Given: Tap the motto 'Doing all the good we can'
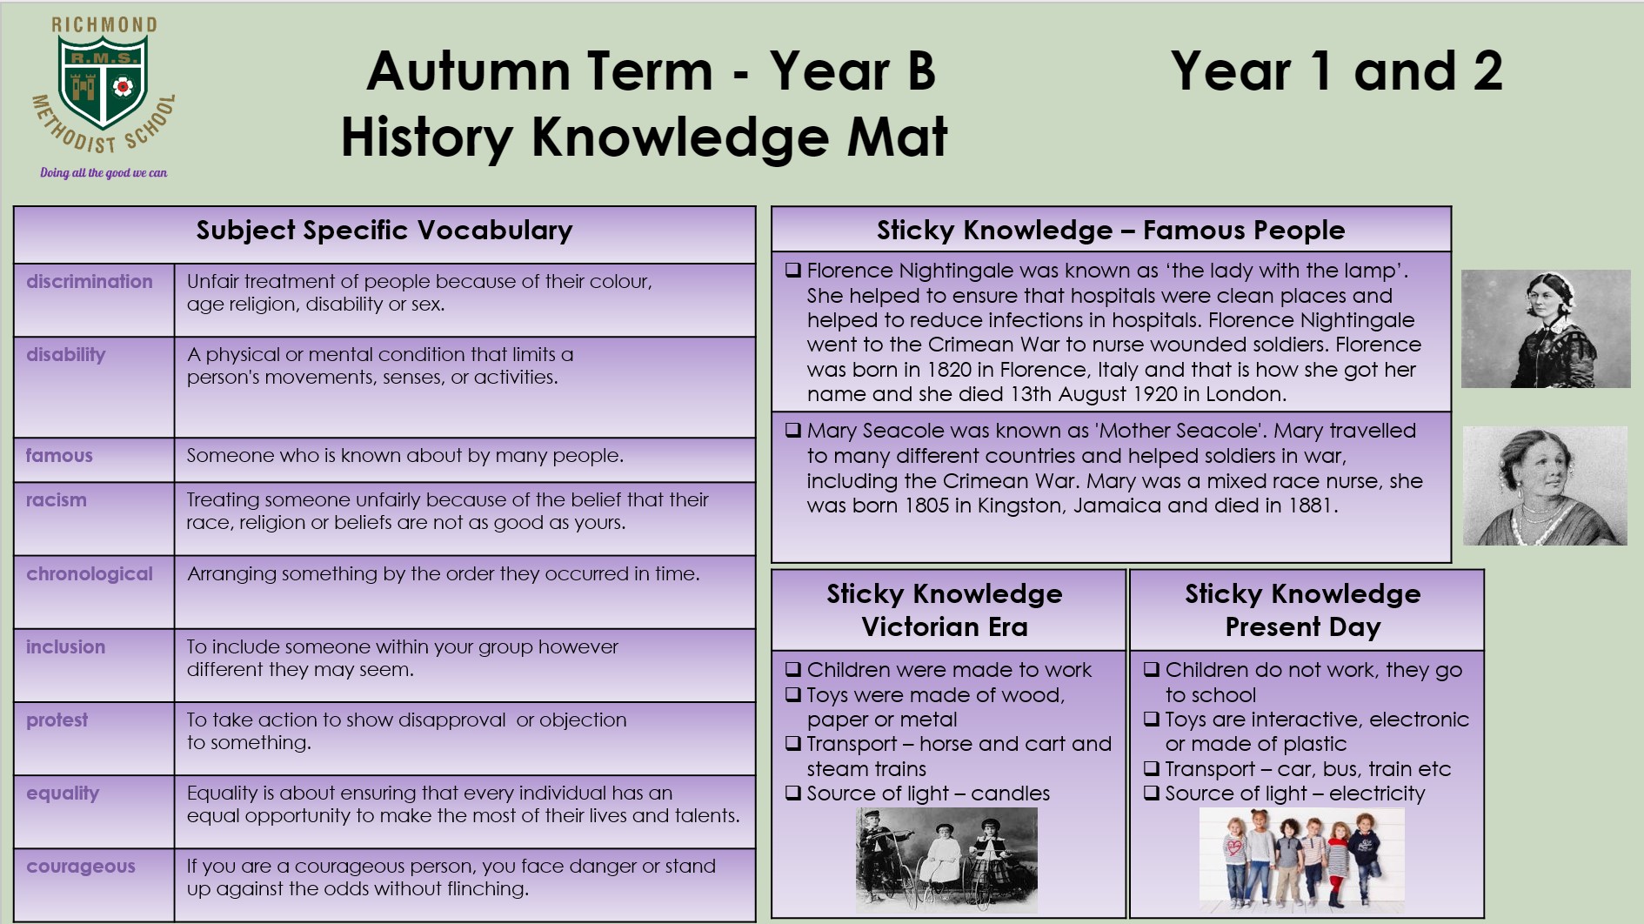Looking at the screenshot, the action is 104,172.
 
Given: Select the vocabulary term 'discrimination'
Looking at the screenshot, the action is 89,281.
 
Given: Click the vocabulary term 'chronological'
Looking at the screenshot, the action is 89,574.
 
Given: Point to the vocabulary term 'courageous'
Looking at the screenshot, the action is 81,867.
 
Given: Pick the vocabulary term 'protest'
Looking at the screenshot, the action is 57,720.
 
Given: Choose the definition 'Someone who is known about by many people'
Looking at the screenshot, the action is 404,455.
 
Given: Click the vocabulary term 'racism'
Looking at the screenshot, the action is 56,500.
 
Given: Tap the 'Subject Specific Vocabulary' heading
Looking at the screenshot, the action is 384,231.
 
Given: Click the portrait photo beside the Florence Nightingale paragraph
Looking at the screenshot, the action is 1546,329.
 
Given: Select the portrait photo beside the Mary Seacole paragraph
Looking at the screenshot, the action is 1545,485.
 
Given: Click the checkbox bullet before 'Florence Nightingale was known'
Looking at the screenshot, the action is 792,270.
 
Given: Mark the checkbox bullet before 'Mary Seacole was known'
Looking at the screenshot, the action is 792,430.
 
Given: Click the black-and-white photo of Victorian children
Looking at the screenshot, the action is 946,859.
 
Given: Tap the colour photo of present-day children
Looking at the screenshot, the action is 1302,860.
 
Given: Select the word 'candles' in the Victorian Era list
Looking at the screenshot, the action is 1010,793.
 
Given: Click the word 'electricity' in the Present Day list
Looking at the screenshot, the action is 1377,793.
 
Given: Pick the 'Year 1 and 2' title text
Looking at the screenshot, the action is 1337,71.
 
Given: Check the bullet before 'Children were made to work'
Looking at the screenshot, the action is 792,669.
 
